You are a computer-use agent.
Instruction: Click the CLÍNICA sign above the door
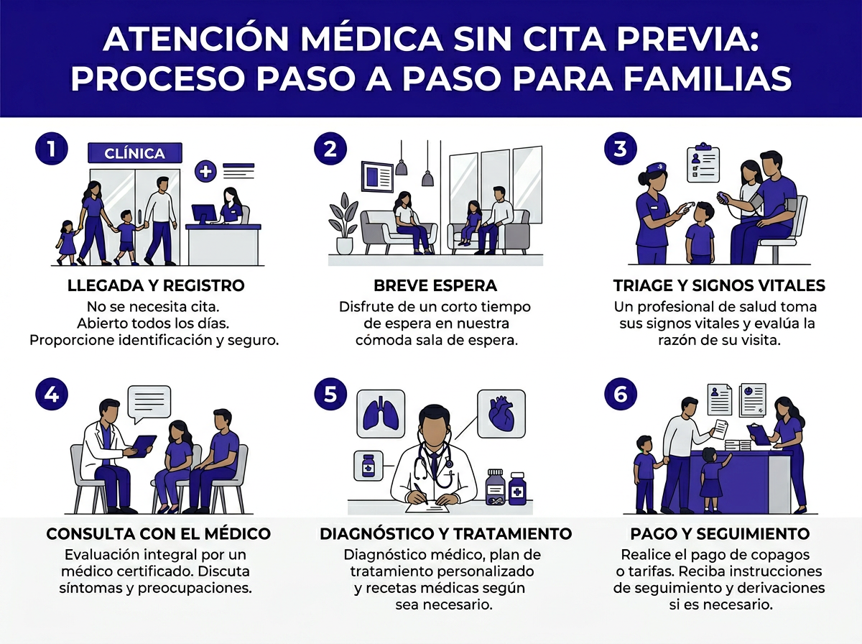134,153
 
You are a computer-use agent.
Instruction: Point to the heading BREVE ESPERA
435,285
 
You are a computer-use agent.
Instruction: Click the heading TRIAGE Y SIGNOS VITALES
719,285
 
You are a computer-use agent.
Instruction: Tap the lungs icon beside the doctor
379,413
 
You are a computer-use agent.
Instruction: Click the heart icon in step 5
501,413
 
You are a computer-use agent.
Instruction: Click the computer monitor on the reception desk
203,213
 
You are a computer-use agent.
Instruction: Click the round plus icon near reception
206,171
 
